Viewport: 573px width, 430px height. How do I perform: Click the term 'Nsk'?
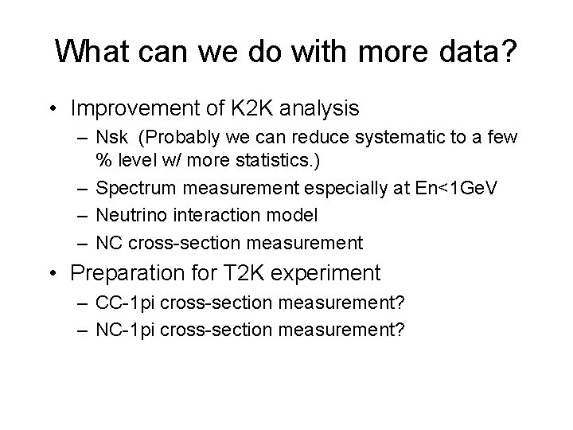click(112, 139)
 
